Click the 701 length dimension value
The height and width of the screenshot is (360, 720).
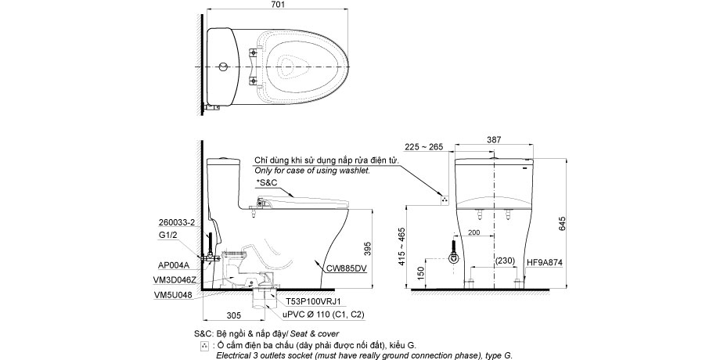pos(279,5)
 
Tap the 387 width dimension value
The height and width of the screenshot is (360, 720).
pos(494,139)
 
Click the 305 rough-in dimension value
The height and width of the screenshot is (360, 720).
pos(234,315)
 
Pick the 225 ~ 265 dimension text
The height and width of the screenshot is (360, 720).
pos(424,147)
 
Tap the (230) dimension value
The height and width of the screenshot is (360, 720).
pos(506,261)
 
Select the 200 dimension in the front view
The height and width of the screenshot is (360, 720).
pos(474,232)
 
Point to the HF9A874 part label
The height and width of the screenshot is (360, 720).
pos(545,262)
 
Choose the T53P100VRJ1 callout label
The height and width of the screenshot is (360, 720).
pos(312,301)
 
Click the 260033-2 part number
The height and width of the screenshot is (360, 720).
pos(177,223)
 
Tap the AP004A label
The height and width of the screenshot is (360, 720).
pos(174,265)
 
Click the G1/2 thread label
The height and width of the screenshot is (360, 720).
pos(168,235)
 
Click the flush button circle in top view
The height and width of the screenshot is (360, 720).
pos(222,67)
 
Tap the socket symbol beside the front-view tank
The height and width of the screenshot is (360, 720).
pos(444,200)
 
